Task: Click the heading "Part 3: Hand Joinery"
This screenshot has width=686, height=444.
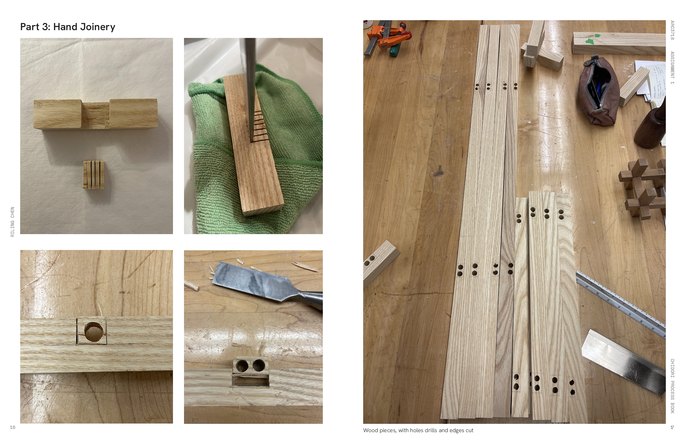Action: click(x=68, y=27)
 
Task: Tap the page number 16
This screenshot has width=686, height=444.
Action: click(x=12, y=427)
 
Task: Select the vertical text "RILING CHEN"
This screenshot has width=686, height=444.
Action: click(x=12, y=222)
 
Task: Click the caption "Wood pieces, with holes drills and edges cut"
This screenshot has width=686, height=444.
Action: click(x=418, y=431)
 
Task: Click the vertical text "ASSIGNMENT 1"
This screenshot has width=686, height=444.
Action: click(x=672, y=68)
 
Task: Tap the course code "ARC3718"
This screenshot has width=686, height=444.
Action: click(x=672, y=30)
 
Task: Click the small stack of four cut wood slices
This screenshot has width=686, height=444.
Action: click(x=94, y=175)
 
